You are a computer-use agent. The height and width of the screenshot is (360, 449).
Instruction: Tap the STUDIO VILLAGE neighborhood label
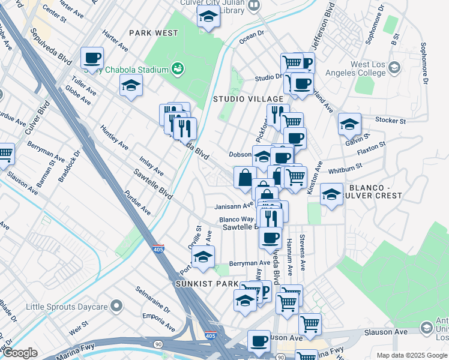[x=248, y=98]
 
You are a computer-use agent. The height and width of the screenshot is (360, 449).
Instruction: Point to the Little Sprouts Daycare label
[x=66, y=307]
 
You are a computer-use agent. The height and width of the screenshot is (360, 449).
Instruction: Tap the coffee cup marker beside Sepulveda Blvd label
[x=92, y=59]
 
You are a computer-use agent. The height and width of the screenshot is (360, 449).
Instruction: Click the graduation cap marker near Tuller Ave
[x=131, y=86]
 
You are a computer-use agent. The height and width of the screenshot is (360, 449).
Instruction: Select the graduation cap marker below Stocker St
[x=349, y=124]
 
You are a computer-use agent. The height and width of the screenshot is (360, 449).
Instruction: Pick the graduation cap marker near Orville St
[x=203, y=256]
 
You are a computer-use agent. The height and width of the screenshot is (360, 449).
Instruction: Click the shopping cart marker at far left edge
[x=5, y=154]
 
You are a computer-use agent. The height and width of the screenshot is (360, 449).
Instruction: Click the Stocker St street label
[x=390, y=121]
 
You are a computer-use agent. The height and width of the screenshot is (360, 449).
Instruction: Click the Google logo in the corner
[x=20, y=353]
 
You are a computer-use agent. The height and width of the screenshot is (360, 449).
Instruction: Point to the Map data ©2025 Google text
[x=411, y=355]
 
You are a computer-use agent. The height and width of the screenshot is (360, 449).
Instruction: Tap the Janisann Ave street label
[x=234, y=206]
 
